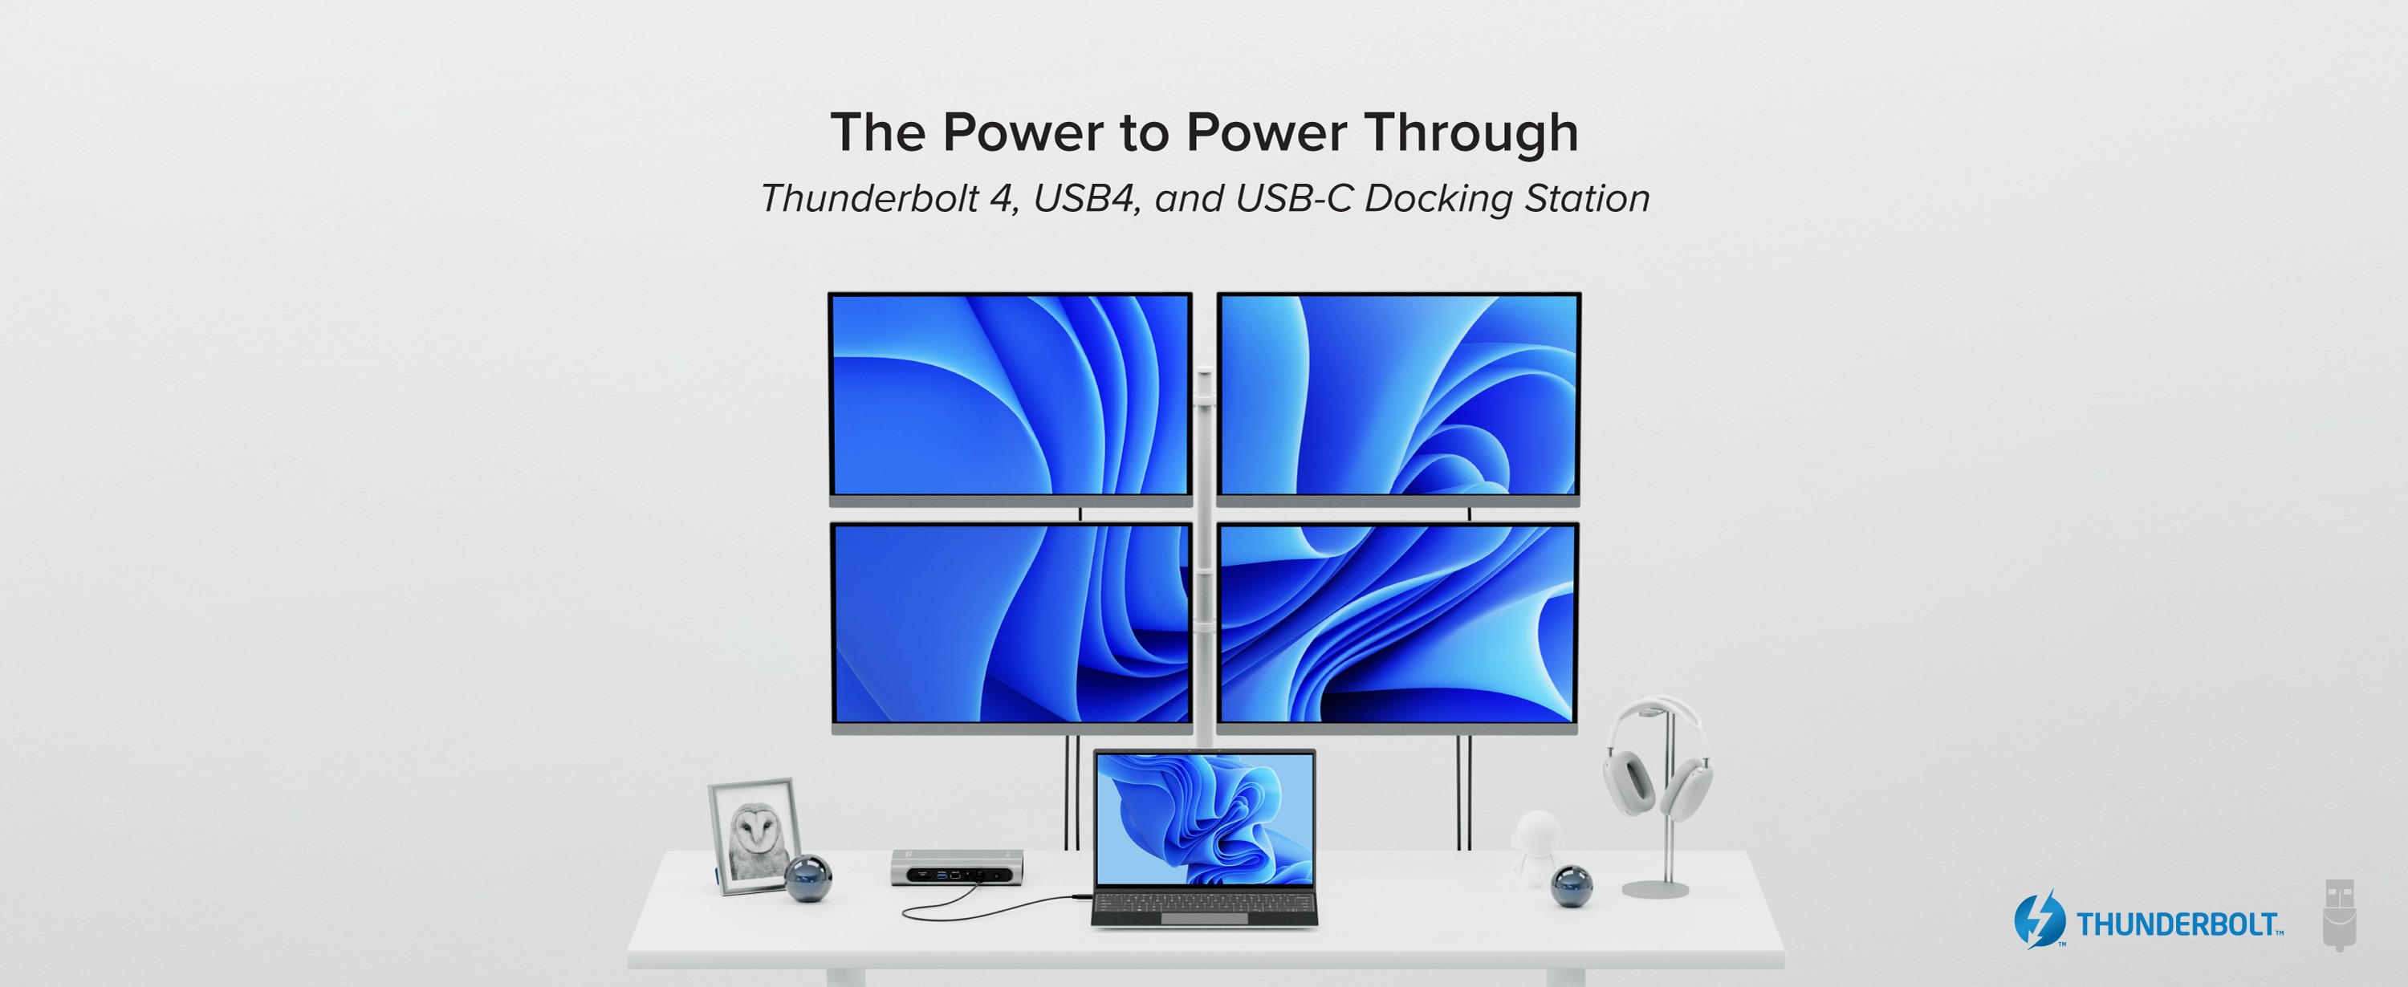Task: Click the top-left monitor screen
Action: [x=1010, y=395]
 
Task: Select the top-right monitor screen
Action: [x=1398, y=395]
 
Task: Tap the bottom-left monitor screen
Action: [x=1011, y=623]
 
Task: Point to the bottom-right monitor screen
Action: [x=1397, y=623]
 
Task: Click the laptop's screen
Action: [x=1205, y=818]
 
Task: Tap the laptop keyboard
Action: [x=1205, y=903]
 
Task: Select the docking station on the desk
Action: [x=956, y=867]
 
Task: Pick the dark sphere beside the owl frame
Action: [x=807, y=879]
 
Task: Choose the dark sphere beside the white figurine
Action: [x=1572, y=886]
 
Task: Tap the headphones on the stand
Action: [x=1657, y=759]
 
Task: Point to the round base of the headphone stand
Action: [x=1655, y=888]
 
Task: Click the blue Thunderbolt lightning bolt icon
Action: [x=2039, y=920]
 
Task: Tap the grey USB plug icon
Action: [x=2339, y=914]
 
